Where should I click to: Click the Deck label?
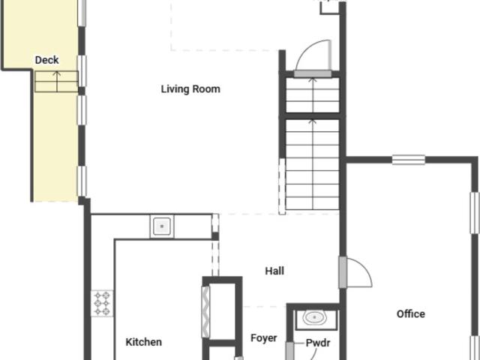46,60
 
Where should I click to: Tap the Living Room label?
190,89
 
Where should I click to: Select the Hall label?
274,271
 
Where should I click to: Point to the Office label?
410,313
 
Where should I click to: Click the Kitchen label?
143,342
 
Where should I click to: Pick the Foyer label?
264,338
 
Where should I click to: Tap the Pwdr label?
318,343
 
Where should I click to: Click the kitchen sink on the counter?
162,226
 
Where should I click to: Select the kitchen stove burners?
102,303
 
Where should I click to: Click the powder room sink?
314,318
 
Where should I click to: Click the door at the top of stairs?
313,73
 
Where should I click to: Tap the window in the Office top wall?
408,160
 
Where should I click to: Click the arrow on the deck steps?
57,82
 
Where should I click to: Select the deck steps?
56,82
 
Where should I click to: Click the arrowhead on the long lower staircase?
313,121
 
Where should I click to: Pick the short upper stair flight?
313,95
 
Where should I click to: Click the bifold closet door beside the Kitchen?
205,312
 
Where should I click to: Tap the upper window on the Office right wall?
475,213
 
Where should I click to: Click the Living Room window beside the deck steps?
82,70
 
